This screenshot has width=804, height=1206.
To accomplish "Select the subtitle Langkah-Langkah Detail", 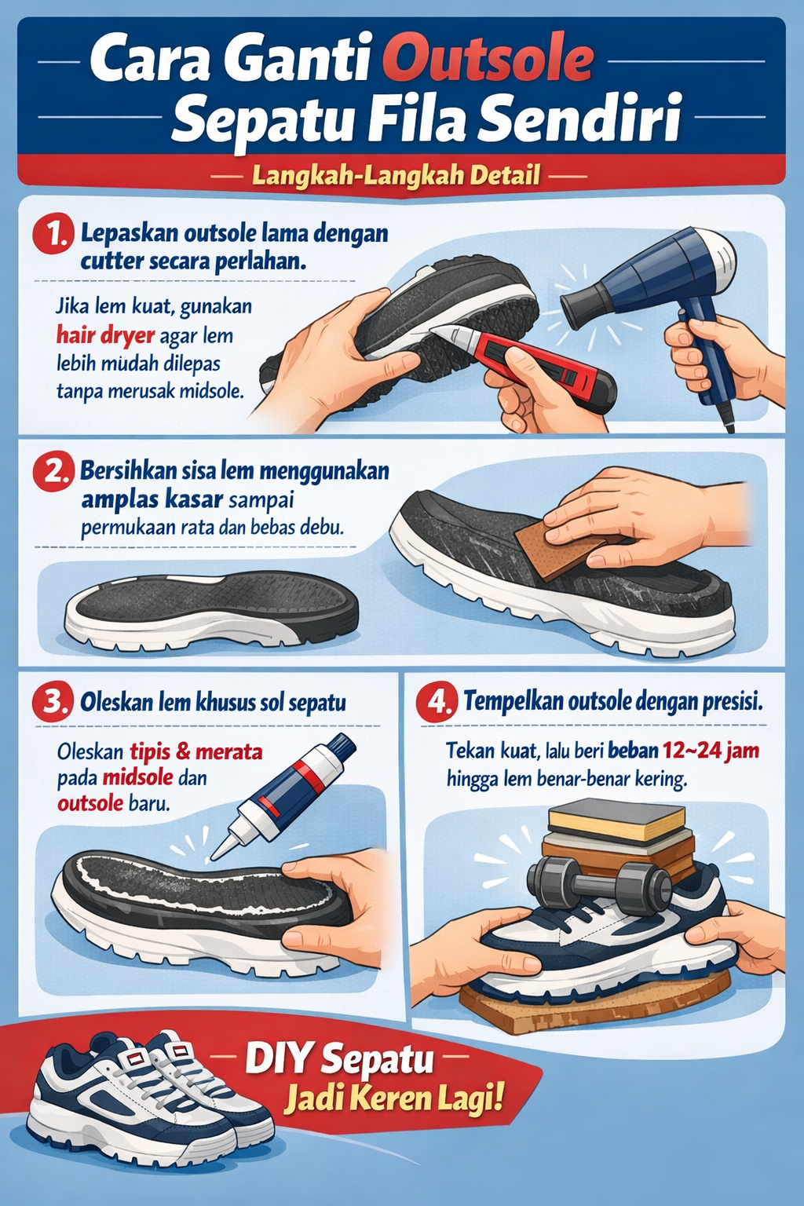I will tap(397, 174).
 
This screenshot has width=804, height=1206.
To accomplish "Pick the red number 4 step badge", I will tap(437, 701).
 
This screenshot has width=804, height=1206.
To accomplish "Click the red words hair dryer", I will tap(105, 336).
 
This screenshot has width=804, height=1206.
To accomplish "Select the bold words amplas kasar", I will tap(141, 499).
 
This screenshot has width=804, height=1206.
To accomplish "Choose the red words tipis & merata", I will tap(196, 751).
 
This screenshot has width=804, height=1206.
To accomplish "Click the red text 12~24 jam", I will tap(711, 751).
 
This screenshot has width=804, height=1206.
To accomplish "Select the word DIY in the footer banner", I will tap(278, 1058).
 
